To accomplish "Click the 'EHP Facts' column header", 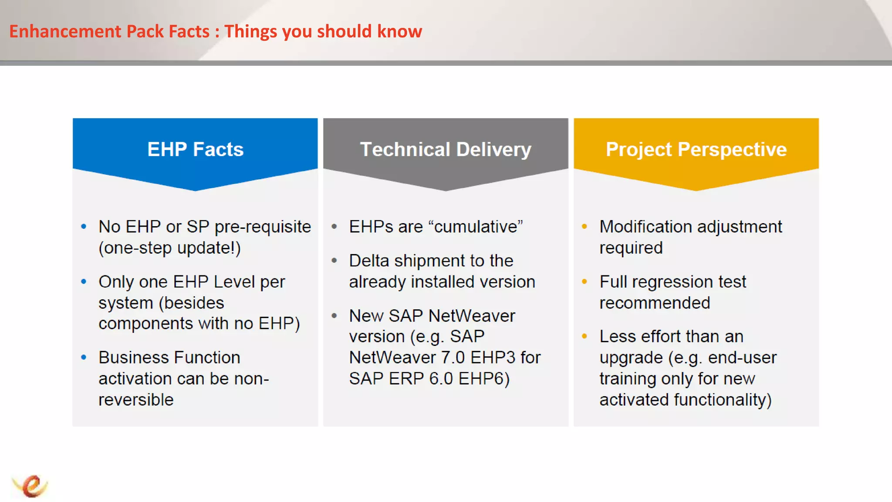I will pyautogui.click(x=195, y=149).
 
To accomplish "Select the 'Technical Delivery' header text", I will pyautogui.click(x=446, y=149).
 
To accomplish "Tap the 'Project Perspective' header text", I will pyautogui.click(x=696, y=149).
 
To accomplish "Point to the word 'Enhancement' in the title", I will pyautogui.click(x=65, y=31).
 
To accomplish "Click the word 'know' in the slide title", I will pyautogui.click(x=399, y=31).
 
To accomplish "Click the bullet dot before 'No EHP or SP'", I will pyautogui.click(x=84, y=227).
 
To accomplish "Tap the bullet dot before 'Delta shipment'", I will pyautogui.click(x=334, y=261).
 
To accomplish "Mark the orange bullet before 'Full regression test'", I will pyautogui.click(x=585, y=282).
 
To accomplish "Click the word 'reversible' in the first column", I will pyautogui.click(x=136, y=400).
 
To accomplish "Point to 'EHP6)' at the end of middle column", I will pyautogui.click(x=483, y=379).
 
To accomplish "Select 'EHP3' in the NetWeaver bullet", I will pyautogui.click(x=493, y=358).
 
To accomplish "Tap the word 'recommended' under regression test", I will pyautogui.click(x=655, y=303).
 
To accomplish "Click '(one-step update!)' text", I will pyautogui.click(x=169, y=248).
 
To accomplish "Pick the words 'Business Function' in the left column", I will pyautogui.click(x=169, y=358).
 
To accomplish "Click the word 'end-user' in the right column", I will pyautogui.click(x=742, y=358).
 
